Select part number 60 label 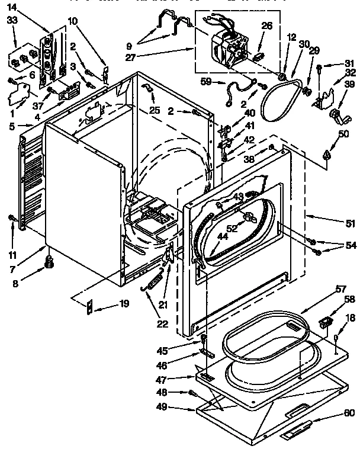click(x=349, y=413)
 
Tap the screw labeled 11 click(x=12, y=220)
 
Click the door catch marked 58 click(x=326, y=322)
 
